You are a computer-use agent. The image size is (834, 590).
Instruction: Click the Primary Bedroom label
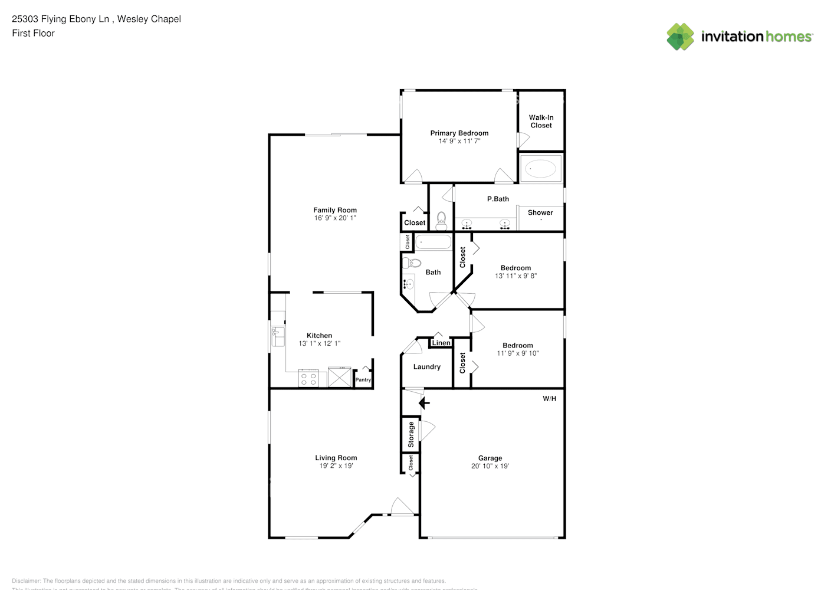coord(459,133)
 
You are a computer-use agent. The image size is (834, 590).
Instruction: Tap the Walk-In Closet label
coord(541,122)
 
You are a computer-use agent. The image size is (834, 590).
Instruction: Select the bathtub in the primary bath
coord(540,169)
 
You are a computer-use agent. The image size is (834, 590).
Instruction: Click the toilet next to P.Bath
coord(441,221)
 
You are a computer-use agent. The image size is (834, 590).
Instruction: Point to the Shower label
coord(540,212)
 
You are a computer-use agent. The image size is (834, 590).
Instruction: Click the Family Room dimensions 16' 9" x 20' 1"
coord(335,218)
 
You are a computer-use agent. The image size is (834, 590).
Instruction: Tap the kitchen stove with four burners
coord(308,378)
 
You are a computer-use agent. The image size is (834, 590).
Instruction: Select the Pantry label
coord(363,380)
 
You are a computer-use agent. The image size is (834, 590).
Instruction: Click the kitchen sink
coord(277,337)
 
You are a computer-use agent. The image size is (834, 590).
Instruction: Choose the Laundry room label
coord(427,367)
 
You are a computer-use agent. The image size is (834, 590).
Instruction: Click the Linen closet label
coord(441,343)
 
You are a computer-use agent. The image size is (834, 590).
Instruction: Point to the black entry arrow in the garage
coord(423,404)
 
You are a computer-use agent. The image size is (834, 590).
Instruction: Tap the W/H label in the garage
coord(549,399)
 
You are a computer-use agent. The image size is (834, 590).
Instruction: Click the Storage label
coord(411,434)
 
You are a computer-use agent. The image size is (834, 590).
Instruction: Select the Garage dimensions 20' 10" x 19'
coord(490,466)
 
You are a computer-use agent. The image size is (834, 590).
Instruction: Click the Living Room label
coord(336,458)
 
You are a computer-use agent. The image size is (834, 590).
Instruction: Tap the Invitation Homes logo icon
coord(680,37)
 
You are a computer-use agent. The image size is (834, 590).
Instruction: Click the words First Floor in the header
coord(33,34)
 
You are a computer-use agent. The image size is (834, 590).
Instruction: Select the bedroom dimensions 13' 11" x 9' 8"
coord(515,276)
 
